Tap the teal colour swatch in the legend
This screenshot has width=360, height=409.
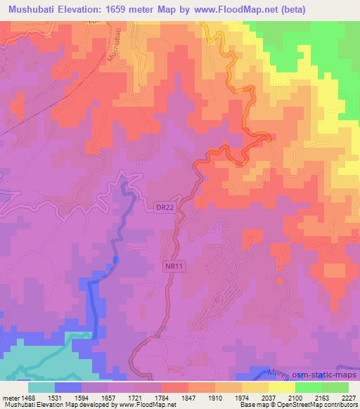tap(41, 387)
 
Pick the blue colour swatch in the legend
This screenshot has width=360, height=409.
tap(68, 387)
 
